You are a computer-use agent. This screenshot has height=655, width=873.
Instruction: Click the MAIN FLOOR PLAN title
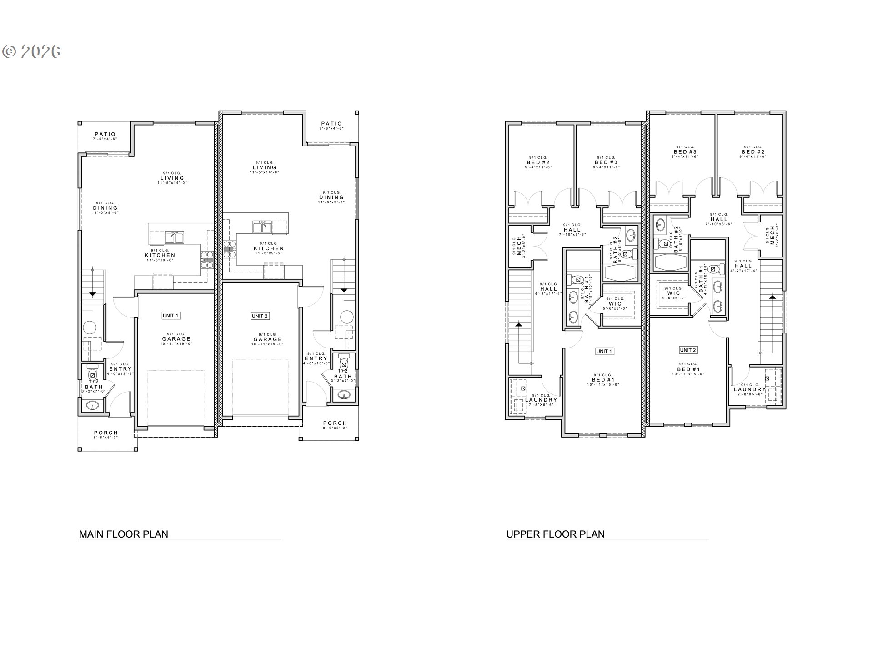tap(124, 534)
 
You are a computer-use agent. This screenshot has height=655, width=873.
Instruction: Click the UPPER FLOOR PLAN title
tap(556, 534)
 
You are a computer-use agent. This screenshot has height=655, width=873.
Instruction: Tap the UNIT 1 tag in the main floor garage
tap(171, 316)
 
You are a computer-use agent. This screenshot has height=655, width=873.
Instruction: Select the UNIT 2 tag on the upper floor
tap(688, 350)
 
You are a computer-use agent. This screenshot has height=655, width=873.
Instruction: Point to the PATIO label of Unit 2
tap(331, 124)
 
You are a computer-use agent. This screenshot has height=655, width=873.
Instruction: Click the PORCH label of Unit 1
tap(106, 433)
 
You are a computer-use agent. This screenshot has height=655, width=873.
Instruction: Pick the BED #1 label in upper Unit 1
tap(603, 379)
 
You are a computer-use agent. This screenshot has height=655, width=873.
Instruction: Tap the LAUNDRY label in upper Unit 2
tap(750, 389)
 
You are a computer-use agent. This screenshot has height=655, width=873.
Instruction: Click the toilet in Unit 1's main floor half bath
tap(92, 373)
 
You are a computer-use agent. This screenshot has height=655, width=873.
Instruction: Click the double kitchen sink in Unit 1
tap(174, 237)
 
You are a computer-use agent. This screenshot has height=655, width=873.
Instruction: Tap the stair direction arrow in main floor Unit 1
tap(92, 294)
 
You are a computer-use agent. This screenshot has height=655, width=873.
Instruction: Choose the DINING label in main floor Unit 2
tap(331, 197)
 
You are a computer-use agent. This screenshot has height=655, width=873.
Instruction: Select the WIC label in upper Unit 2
tap(673, 293)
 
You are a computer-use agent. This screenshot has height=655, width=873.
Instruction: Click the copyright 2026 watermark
tap(31, 52)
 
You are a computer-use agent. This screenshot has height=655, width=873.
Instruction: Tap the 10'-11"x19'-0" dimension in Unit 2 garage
tap(267, 344)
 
